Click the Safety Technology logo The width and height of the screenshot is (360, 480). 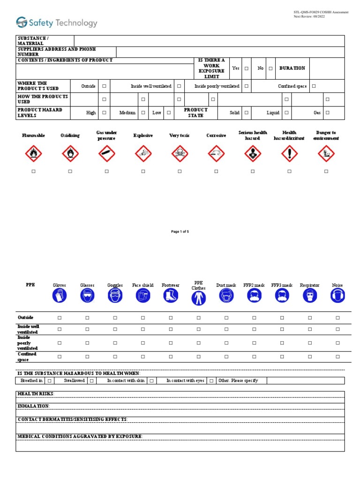pos(57,22)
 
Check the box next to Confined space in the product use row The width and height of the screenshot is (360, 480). pos(314,86)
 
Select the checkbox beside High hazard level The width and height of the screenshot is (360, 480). pos(104,113)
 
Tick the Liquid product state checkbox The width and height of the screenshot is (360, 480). pos(286,113)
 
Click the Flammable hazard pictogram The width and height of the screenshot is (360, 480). pos(33,153)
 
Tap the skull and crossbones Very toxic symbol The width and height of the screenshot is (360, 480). pos(180,153)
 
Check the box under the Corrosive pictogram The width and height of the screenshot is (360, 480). pos(216,172)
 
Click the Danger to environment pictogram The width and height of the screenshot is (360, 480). pos(326,153)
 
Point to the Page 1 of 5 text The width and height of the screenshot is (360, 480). pos(180,232)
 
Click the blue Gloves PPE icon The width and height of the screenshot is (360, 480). pos(60,295)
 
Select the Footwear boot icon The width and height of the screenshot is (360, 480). pos(171,295)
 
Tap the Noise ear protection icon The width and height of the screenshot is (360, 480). pos(337,295)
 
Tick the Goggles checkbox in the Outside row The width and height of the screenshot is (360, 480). pos(115,318)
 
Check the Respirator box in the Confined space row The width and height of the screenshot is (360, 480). pos(310,357)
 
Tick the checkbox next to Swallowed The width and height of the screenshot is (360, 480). pos(92,381)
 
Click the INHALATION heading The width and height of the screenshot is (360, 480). pos(33,406)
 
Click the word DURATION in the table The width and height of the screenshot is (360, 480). pos(292,68)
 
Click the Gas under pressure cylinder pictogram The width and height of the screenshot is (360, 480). pos(106,153)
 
